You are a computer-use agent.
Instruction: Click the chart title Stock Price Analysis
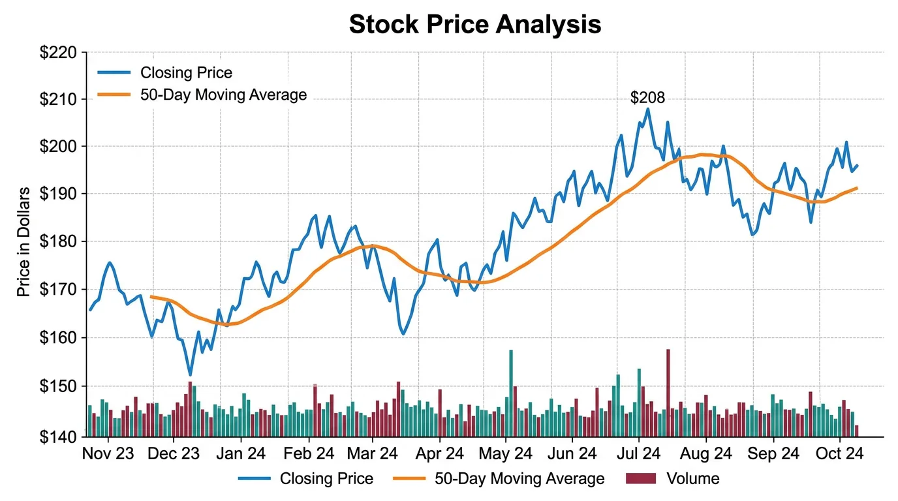tap(474, 24)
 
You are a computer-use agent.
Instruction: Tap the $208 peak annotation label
tap(647, 98)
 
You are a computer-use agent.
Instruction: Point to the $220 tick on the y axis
tap(58, 53)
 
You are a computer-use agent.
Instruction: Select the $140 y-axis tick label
tap(58, 436)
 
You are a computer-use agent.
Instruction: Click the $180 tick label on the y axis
tap(58, 242)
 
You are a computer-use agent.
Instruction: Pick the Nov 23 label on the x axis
tap(108, 454)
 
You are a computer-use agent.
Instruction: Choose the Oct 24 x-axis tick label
tap(841, 454)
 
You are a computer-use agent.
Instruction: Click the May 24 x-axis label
tap(505, 454)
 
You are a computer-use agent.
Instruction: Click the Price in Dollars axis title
tap(23, 242)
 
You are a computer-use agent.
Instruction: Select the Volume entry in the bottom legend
tap(692, 479)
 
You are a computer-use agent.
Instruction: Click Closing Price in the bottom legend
tap(326, 479)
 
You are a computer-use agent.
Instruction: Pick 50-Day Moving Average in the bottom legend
tap(519, 479)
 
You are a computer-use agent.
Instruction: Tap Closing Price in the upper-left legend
tap(186, 72)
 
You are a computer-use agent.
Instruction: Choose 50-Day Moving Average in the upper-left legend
tap(223, 95)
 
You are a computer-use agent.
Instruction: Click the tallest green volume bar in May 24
tap(511, 391)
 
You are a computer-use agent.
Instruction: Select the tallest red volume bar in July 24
tap(668, 391)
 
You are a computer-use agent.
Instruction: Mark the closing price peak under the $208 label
tap(647, 109)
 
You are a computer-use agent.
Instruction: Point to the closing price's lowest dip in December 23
tap(190, 375)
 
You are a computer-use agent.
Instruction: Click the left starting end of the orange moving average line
tap(151, 297)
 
